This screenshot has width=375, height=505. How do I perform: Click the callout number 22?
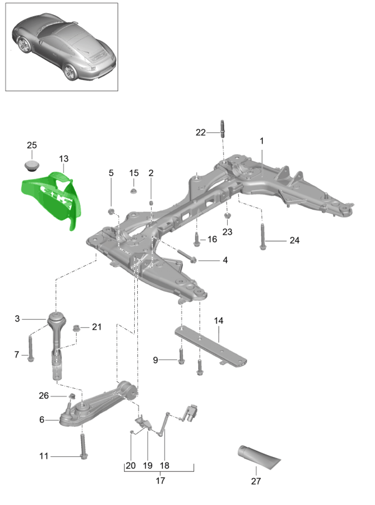pos(200,132)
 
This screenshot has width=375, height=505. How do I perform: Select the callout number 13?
pos(64,159)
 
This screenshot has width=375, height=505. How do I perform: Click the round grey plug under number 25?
pos(32,166)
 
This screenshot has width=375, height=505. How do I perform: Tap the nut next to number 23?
pos(227,216)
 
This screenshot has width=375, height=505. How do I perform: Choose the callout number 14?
pos(218,321)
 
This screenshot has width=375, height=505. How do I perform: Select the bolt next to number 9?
pos(181,358)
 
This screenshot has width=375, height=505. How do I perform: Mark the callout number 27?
pos(255,481)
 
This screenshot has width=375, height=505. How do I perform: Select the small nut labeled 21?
pos(77,327)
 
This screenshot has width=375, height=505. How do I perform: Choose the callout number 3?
pos(17,319)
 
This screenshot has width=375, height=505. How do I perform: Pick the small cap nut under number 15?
pos(134,190)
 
